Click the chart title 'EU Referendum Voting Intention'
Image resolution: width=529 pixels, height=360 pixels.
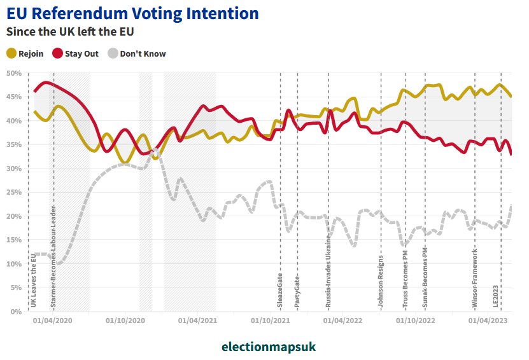[x=132, y=13]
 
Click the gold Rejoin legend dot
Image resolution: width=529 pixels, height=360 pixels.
[x=11, y=53]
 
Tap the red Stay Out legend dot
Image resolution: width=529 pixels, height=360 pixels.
[x=58, y=53]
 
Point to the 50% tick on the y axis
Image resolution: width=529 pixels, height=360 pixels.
[x=14, y=73]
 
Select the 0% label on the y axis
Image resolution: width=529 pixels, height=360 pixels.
[x=17, y=312]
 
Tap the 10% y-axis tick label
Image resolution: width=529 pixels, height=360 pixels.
[x=14, y=264]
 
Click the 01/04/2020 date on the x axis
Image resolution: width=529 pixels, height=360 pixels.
[x=53, y=321]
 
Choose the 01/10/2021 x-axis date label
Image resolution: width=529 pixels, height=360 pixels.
[x=271, y=321]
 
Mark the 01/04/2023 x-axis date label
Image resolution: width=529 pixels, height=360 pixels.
[x=489, y=321]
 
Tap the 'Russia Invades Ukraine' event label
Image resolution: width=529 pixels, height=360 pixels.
[x=328, y=271]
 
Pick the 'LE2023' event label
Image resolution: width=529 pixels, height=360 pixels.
[x=497, y=295]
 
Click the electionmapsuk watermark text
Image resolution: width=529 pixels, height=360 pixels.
[x=268, y=347]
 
